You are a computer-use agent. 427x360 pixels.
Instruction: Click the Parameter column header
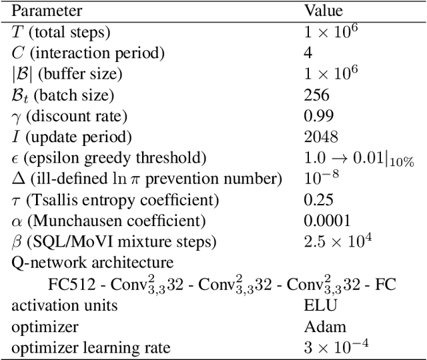point(47,11)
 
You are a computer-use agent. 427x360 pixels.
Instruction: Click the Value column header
point(324,11)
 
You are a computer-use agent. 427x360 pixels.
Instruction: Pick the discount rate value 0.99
point(318,117)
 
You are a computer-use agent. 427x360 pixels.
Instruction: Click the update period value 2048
point(321,137)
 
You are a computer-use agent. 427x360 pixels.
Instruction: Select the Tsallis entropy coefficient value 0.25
point(318,200)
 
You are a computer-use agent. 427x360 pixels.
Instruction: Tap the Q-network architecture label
point(93,263)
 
